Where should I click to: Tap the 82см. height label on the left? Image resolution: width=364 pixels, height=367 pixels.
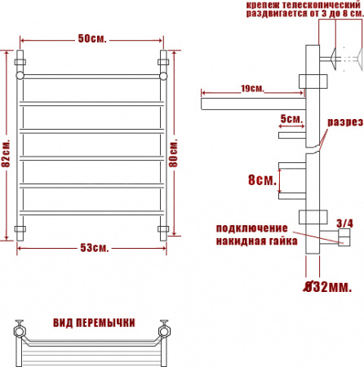tap(7, 151)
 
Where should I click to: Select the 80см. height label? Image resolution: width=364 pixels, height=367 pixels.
tap(174, 151)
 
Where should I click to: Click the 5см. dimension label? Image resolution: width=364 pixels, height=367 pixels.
tap(291, 119)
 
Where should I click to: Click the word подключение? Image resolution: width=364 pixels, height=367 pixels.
tap(251, 227)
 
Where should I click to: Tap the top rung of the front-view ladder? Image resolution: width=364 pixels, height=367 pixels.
tap(93, 76)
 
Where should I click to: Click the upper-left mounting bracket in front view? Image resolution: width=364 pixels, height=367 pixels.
tap(21, 60)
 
